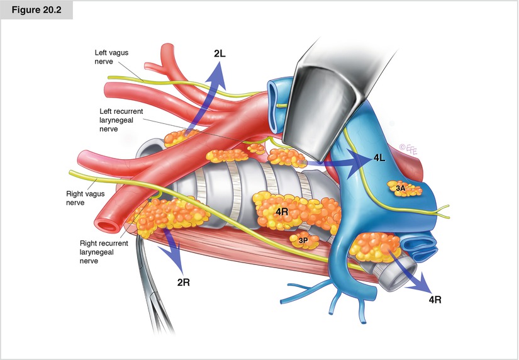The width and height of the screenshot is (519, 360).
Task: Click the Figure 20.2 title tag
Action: point(36,11)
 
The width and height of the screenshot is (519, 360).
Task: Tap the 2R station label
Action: point(183,282)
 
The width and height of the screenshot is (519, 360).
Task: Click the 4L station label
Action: point(379,158)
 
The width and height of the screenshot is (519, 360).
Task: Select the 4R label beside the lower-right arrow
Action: point(435,300)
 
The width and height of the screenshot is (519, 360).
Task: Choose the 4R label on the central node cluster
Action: point(281,211)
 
